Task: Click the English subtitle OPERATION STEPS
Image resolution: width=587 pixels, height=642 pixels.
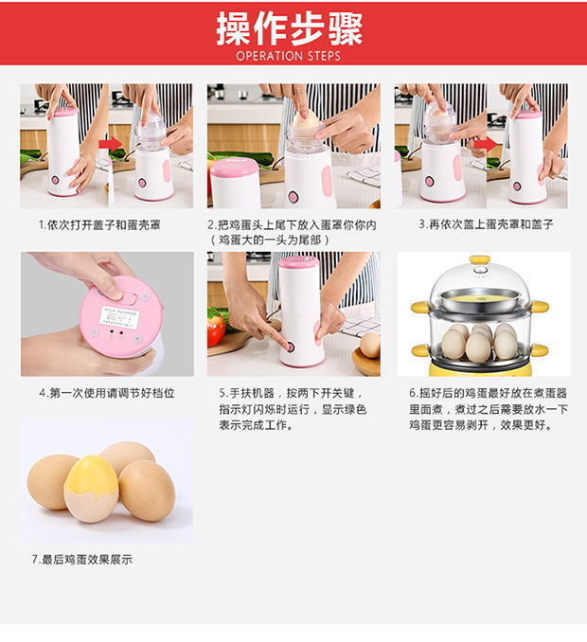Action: click(x=288, y=56)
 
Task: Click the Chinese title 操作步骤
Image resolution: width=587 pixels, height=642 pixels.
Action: click(x=289, y=28)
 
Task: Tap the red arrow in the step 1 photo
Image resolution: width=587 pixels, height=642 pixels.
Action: click(x=110, y=144)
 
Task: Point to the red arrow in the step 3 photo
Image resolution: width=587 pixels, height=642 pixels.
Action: click(x=488, y=144)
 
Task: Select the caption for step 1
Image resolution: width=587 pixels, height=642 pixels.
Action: click(x=99, y=224)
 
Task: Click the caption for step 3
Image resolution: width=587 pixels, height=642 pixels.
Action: click(x=486, y=224)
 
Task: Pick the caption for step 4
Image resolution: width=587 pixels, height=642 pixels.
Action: click(x=107, y=393)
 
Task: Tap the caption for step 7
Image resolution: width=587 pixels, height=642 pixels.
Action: click(x=81, y=559)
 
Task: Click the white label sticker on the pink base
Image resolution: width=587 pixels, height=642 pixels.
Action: click(x=119, y=317)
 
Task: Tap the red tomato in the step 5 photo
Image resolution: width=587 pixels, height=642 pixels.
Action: click(x=216, y=330)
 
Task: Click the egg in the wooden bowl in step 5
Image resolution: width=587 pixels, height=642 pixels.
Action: click(x=369, y=346)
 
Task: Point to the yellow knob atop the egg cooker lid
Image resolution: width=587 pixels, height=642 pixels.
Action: click(x=480, y=259)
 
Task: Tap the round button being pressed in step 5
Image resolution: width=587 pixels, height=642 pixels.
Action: click(x=291, y=348)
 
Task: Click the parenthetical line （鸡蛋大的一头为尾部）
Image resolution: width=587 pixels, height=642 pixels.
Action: click(x=270, y=241)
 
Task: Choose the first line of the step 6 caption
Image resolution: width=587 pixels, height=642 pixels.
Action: click(x=488, y=393)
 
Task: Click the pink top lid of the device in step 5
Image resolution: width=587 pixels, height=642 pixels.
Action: click(x=298, y=263)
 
